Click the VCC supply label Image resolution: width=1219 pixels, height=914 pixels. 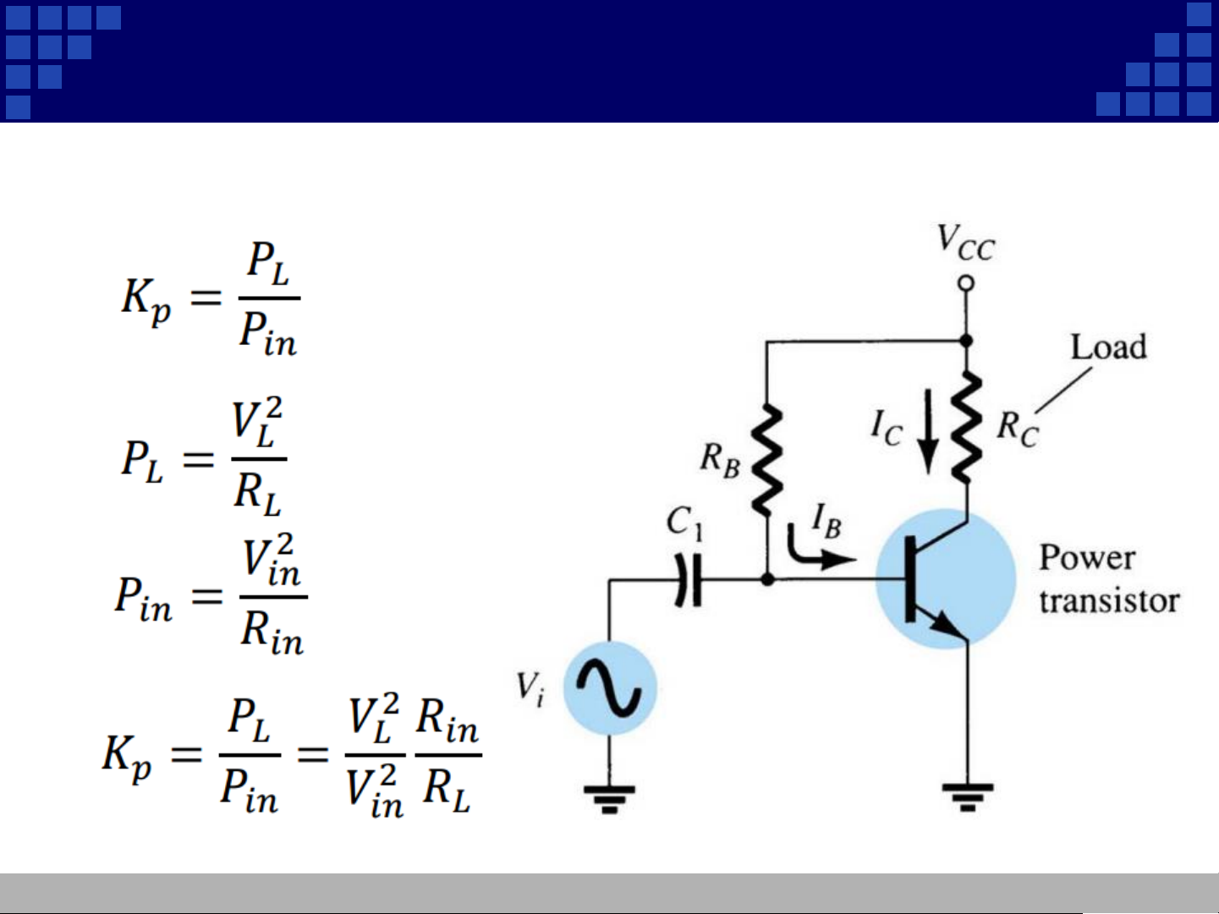pyautogui.click(x=965, y=243)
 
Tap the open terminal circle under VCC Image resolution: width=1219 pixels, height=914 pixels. pyautogui.click(x=966, y=283)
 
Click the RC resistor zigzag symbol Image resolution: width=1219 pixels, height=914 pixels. pyautogui.click(x=966, y=428)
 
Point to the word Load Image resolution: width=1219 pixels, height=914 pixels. pyautogui.click(x=1108, y=348)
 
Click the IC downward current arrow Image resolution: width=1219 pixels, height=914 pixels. pyautogui.click(x=928, y=430)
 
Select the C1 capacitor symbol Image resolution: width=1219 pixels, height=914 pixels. pyautogui.click(x=689, y=580)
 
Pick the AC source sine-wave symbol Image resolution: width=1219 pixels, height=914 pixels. pyautogui.click(x=609, y=687)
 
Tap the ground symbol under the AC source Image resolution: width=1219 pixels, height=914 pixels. pyautogui.click(x=609, y=797)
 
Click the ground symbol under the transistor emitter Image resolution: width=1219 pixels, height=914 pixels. pyautogui.click(x=967, y=796)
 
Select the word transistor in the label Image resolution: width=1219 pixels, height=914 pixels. pyautogui.click(x=1109, y=600)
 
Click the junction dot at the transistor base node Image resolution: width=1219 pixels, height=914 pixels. pyautogui.click(x=767, y=579)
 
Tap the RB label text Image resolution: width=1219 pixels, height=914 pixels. pyautogui.click(x=720, y=460)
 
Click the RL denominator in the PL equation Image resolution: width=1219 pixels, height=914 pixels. pyautogui.click(x=257, y=493)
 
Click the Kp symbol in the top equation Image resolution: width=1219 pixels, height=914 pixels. pyautogui.click(x=146, y=300)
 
